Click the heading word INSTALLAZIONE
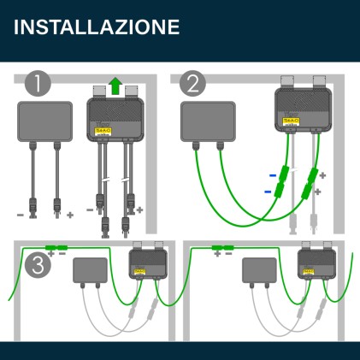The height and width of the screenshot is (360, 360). pyautogui.click(x=97, y=27)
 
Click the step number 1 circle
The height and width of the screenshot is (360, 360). pyautogui.click(x=38, y=84)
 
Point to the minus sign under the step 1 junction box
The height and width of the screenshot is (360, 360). pyautogui.click(x=21, y=214)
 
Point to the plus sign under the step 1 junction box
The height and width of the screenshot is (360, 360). pyautogui.click(x=70, y=214)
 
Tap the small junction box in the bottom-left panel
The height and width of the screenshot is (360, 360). pyautogui.click(x=89, y=270)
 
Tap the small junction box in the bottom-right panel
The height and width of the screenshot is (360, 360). pyautogui.click(x=259, y=270)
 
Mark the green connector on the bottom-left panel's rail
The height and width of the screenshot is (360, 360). pyautogui.click(x=56, y=248)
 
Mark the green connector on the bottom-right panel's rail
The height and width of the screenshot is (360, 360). pyautogui.click(x=225, y=248)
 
